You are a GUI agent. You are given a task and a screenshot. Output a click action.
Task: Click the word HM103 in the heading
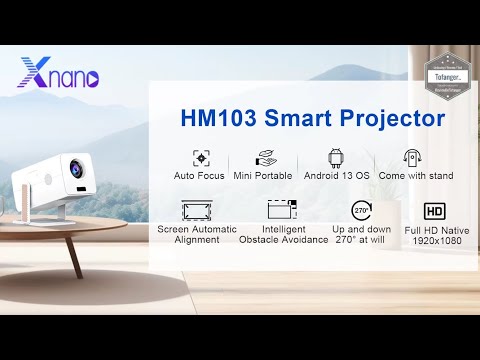[x=219, y=118]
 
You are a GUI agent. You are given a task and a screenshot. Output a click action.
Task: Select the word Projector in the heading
[x=389, y=118]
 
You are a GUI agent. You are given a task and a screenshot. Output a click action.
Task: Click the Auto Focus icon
[x=200, y=158]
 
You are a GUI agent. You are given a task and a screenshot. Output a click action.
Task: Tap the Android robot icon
[x=336, y=158]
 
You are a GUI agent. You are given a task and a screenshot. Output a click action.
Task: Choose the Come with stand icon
[x=410, y=158]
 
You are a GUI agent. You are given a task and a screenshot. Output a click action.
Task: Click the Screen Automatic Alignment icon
[x=197, y=210]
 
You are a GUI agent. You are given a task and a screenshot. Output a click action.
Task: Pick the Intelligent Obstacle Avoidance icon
[x=283, y=210]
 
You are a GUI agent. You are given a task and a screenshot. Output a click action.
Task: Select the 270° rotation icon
[x=362, y=210]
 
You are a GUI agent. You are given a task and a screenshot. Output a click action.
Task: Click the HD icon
[x=434, y=211]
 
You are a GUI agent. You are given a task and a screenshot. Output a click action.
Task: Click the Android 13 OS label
[x=336, y=176]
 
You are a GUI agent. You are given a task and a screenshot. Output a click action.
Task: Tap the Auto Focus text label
[x=199, y=176]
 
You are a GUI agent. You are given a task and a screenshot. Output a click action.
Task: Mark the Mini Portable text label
[x=265, y=176]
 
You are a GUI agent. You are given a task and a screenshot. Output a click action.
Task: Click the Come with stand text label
[x=410, y=176]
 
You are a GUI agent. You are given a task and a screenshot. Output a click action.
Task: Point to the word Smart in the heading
[x=296, y=118]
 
